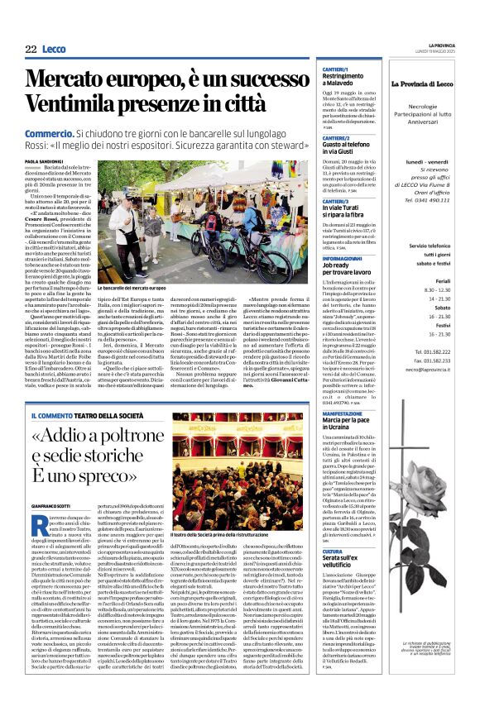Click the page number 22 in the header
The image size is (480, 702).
(31, 49)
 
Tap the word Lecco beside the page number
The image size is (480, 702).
(55, 49)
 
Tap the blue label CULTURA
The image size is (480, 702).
(331, 551)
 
